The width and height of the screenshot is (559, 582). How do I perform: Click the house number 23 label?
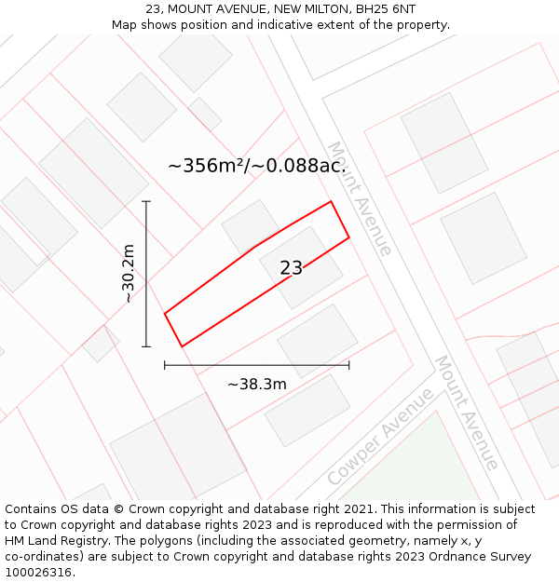click(x=291, y=268)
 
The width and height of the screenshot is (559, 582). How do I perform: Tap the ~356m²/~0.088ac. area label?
click(x=257, y=166)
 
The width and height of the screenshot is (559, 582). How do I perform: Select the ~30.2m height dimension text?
click(x=129, y=274)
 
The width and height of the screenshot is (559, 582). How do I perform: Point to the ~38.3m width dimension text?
click(x=257, y=384)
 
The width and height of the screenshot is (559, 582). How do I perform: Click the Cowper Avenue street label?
click(x=380, y=437)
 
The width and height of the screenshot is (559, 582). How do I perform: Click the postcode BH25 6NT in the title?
click(x=386, y=9)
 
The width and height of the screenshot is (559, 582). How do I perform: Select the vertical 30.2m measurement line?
click(x=146, y=274)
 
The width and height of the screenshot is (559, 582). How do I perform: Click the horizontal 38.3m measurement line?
click(x=257, y=365)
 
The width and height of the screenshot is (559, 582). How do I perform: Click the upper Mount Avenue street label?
click(x=359, y=198)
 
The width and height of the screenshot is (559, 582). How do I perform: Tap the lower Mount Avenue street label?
click(x=466, y=413)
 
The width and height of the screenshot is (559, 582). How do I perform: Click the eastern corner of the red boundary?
click(x=348, y=237)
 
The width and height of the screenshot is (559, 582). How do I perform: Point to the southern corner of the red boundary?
click(x=182, y=346)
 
